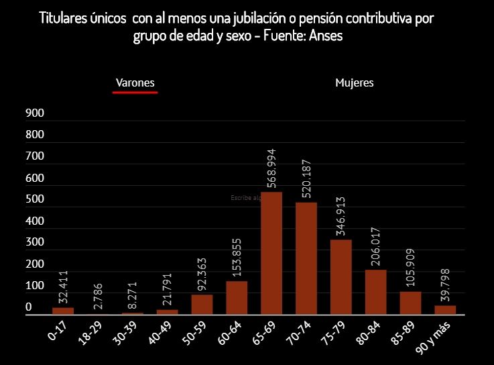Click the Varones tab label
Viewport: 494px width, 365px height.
(135, 83)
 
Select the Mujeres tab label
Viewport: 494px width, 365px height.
(354, 83)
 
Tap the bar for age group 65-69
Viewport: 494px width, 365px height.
(271, 253)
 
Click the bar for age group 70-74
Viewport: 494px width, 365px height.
(306, 258)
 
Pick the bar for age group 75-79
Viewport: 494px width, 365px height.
(341, 276)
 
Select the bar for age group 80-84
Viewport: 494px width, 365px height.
(376, 292)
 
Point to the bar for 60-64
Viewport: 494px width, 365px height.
(237, 297)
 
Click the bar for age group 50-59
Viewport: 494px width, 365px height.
(202, 304)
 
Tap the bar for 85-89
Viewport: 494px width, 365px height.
(411, 303)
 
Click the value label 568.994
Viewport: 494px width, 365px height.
(271, 168)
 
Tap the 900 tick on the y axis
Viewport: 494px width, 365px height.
(35, 113)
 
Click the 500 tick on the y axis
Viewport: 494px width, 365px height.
(35, 199)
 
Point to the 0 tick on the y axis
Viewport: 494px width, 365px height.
(29, 307)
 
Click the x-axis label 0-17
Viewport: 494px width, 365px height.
(58, 331)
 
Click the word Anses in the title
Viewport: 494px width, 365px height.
(324, 36)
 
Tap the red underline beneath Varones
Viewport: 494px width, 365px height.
(135, 93)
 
